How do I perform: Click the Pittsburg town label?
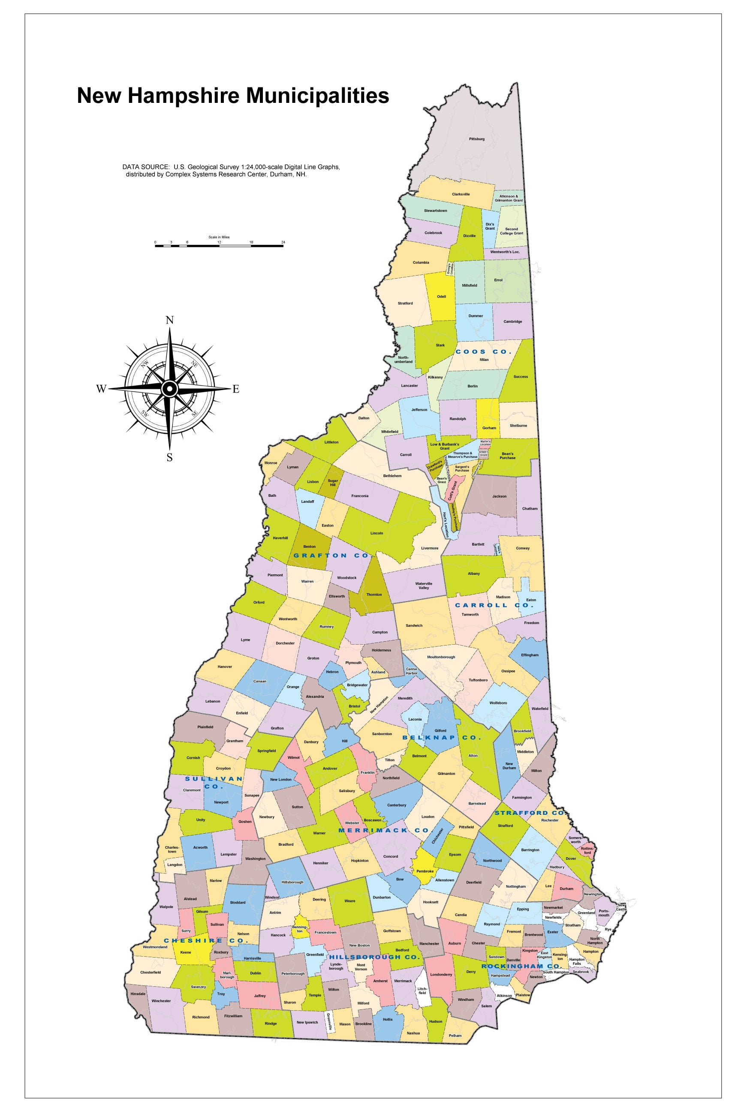click(476, 139)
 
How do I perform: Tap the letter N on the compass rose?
click(170, 320)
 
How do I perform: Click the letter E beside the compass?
click(236, 389)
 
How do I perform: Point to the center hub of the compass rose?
click(169, 389)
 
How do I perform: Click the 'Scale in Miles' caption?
click(219, 237)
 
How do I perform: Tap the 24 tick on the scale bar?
click(283, 242)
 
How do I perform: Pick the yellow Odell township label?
click(441, 297)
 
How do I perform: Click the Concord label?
click(390, 856)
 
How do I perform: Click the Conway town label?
click(523, 548)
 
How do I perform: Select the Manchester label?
click(429, 944)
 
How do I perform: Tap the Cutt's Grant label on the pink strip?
click(452, 491)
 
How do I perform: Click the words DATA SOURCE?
click(145, 167)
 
